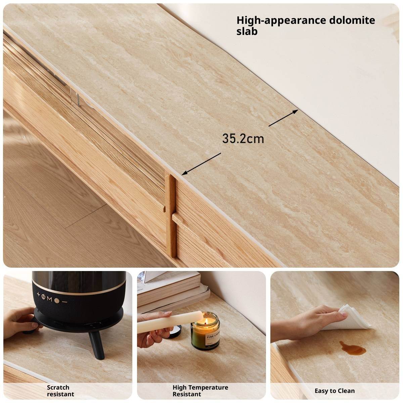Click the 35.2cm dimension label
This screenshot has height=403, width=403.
[x=243, y=139]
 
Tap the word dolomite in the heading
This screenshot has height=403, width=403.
[x=349, y=20]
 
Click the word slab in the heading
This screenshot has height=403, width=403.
[x=247, y=32]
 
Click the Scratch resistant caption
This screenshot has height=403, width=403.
[x=60, y=391]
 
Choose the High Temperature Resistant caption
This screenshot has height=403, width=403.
[x=200, y=391]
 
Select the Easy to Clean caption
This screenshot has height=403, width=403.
[x=334, y=391]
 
